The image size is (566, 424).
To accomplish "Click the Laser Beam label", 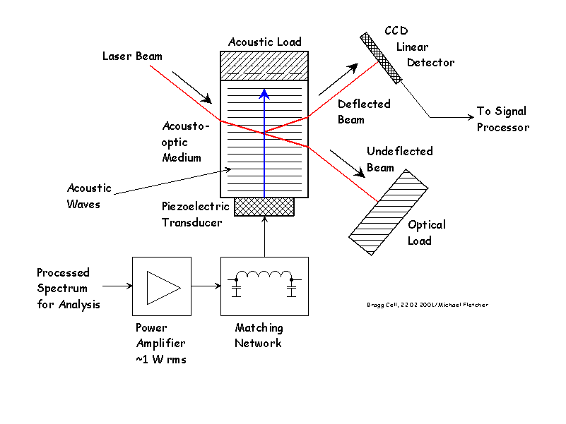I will [x=132, y=56].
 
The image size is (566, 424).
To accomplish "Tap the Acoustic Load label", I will [x=264, y=42].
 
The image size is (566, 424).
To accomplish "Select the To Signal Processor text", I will [x=502, y=119].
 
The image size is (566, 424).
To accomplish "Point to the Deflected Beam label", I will [x=363, y=111].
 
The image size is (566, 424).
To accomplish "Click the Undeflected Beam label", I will [x=399, y=159].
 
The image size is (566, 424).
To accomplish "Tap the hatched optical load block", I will [x=389, y=212].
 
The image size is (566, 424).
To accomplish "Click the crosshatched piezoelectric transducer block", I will [x=264, y=206].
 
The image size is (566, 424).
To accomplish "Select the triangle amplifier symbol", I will [x=161, y=285].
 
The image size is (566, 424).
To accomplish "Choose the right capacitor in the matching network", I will [x=292, y=290].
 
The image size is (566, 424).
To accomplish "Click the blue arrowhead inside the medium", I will [x=264, y=93].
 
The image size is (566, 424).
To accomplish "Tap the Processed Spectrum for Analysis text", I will [x=69, y=288].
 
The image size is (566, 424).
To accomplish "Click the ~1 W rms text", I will [x=160, y=358].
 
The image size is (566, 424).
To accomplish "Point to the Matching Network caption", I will [x=259, y=335].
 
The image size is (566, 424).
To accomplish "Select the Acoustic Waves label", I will [x=89, y=196].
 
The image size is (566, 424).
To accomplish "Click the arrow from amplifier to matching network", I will [x=206, y=286].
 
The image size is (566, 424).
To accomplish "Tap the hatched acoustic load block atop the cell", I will [x=264, y=66].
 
